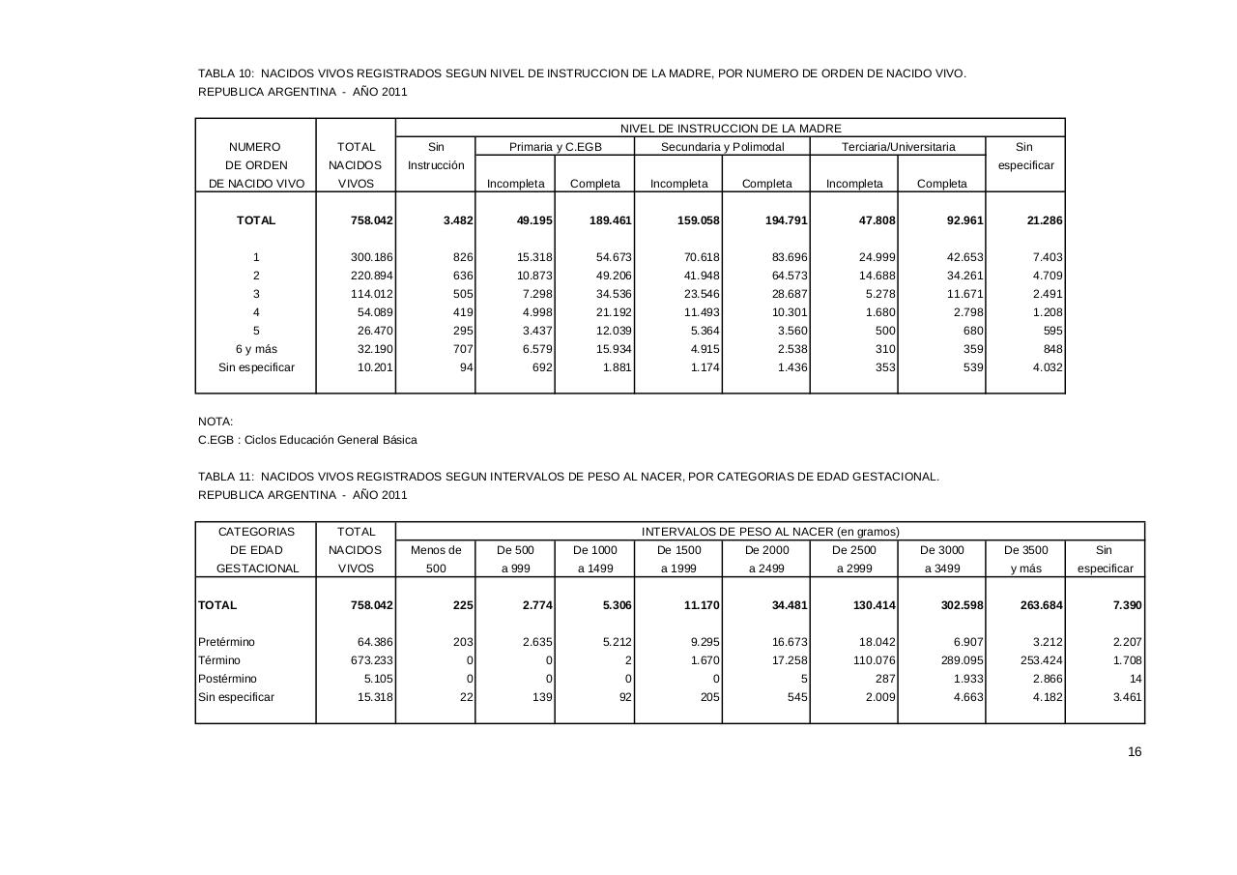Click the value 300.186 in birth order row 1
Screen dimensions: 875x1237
tap(371, 257)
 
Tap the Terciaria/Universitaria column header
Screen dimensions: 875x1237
tap(898, 147)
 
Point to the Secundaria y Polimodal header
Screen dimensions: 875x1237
tap(722, 147)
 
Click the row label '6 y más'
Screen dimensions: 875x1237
tap(256, 349)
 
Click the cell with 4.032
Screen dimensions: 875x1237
tap(1048, 367)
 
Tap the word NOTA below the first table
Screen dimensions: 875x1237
tap(216, 422)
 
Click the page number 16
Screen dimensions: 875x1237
tap(1135, 752)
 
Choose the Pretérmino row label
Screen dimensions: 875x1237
tap(227, 642)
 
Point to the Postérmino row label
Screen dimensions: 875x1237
tap(228, 679)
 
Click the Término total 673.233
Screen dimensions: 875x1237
tap(371, 660)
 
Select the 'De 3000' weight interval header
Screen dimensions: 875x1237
tap(942, 550)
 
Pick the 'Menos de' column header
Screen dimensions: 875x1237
tap(436, 550)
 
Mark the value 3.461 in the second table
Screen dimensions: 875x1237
tap(1127, 697)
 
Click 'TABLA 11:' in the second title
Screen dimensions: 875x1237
tap(226, 477)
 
